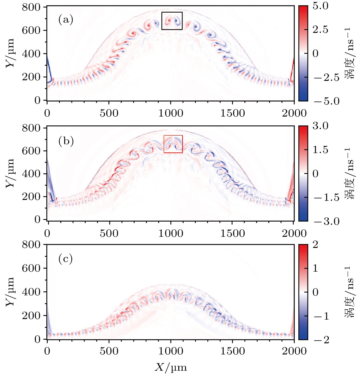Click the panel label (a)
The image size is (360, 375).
66,20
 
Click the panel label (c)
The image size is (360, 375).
65,259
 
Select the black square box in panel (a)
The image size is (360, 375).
172,21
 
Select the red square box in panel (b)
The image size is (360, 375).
173,144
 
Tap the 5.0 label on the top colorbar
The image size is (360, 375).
320,6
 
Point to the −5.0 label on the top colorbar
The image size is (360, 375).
327,101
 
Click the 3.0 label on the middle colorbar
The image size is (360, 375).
320,126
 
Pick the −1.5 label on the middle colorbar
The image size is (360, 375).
327,198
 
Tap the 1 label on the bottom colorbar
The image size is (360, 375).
315,268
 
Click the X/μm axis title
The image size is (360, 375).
171,367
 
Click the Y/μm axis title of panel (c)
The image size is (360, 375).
10,292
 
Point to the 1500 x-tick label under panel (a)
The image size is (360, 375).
232,113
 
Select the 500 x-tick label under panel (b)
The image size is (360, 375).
109,234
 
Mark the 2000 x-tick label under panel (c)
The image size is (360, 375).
294,351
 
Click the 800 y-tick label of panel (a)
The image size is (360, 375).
31,7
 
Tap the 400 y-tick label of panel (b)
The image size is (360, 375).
31,174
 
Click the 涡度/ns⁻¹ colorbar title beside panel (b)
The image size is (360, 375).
349,173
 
